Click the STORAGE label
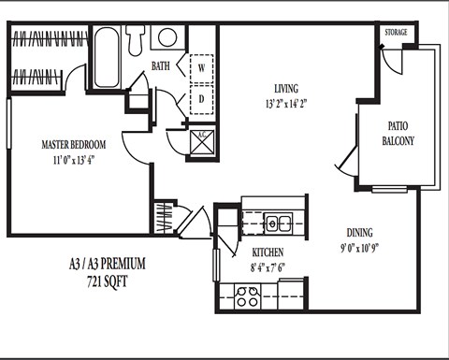pos(395,32)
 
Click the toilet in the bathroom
pos(137,37)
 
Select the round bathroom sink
pos(167,37)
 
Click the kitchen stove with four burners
pos(247,296)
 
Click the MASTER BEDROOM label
pos(73,145)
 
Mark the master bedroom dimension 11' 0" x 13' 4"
pos(73,160)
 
